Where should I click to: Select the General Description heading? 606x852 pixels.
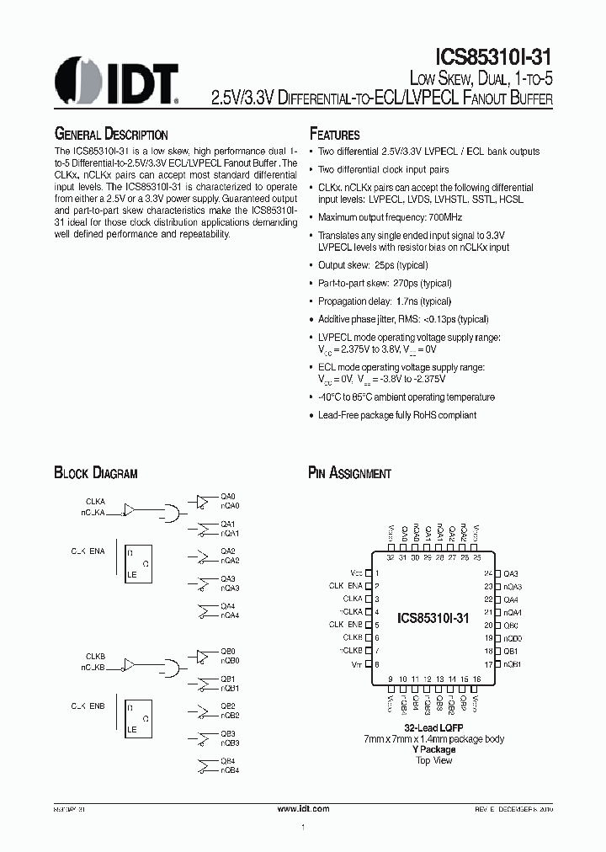[x=111, y=135]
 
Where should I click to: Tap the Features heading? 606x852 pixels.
[x=335, y=135]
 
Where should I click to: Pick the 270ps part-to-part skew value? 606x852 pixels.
[x=404, y=284]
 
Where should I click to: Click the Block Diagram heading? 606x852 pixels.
[x=95, y=473]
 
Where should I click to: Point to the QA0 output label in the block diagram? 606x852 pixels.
[x=228, y=497]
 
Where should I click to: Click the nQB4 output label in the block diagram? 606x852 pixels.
[x=230, y=770]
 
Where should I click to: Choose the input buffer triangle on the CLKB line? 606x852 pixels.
[x=129, y=665]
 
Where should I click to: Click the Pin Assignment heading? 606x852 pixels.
[x=349, y=473]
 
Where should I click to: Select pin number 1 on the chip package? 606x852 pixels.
[x=377, y=572]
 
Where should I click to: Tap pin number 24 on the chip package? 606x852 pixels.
[x=488, y=572]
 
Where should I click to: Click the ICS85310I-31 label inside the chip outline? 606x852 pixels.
[x=433, y=618]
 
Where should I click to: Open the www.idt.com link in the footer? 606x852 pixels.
[x=303, y=808]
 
